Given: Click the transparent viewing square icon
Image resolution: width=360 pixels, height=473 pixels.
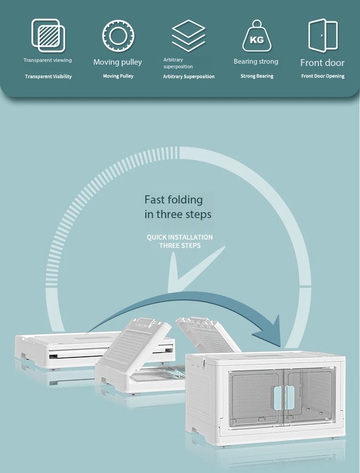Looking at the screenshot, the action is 48,36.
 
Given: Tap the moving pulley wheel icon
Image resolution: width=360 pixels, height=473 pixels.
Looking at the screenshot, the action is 118,35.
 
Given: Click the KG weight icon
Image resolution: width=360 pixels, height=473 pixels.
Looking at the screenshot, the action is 257,36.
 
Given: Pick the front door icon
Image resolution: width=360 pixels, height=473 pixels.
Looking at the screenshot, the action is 323,36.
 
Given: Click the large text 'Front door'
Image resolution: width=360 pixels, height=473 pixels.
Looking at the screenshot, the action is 322,63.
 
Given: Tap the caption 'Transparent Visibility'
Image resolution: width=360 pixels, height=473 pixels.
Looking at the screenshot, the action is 48,76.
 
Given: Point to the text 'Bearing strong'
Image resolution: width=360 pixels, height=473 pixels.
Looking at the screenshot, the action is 256,61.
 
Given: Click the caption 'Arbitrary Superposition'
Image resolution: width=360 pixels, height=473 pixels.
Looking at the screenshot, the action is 189,76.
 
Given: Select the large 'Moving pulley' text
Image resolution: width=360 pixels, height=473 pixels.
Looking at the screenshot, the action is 118,62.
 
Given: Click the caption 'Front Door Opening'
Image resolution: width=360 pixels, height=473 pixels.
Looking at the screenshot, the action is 323,76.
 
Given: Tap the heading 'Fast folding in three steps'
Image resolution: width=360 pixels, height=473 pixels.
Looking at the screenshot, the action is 178,207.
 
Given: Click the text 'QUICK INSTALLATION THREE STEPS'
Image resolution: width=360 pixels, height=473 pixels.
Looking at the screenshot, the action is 180,241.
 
